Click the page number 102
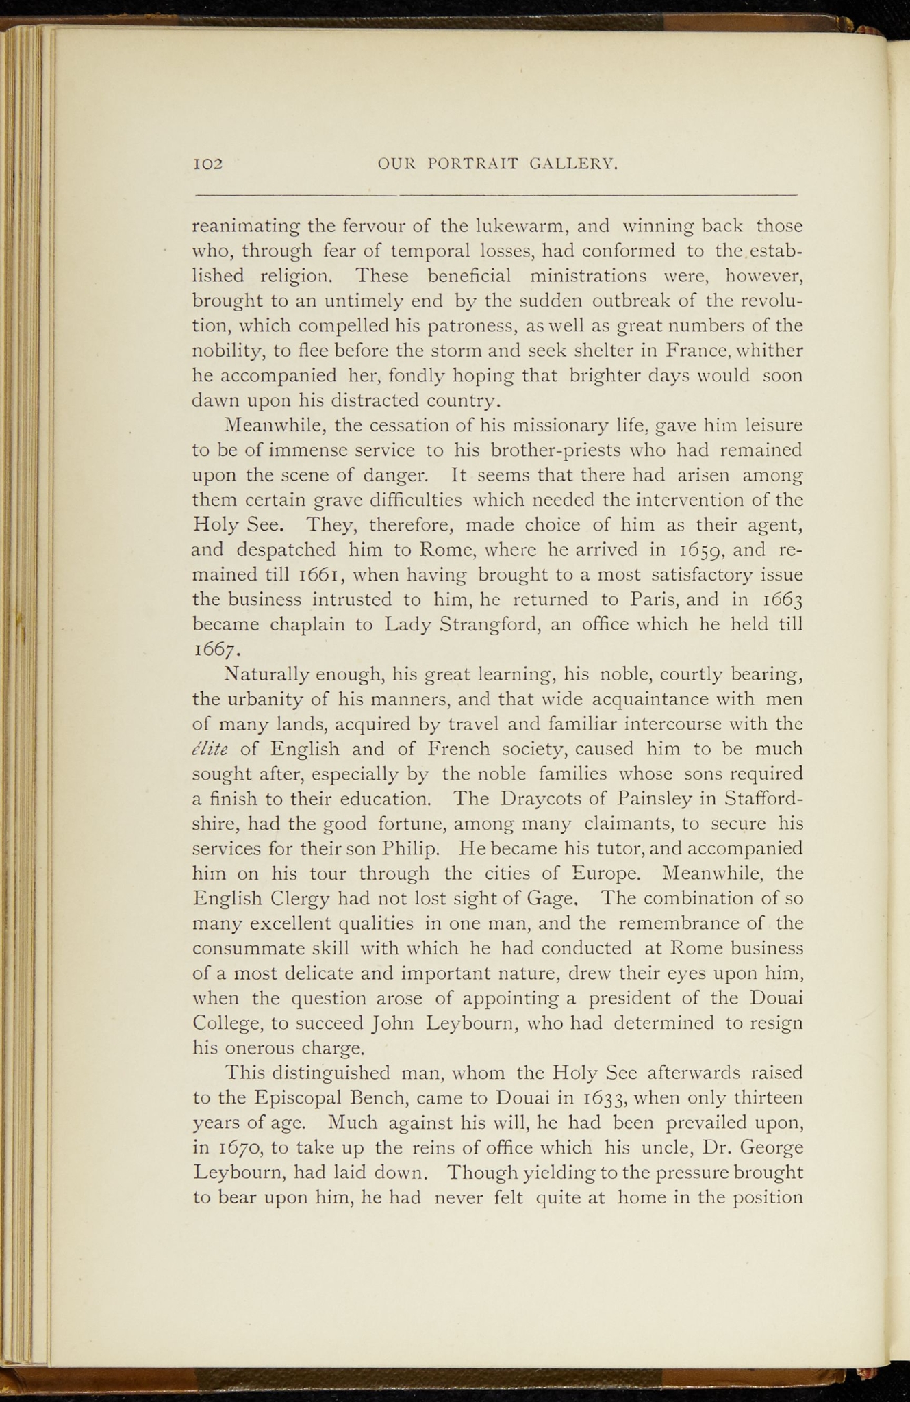click(208, 164)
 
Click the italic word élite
click(210, 748)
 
